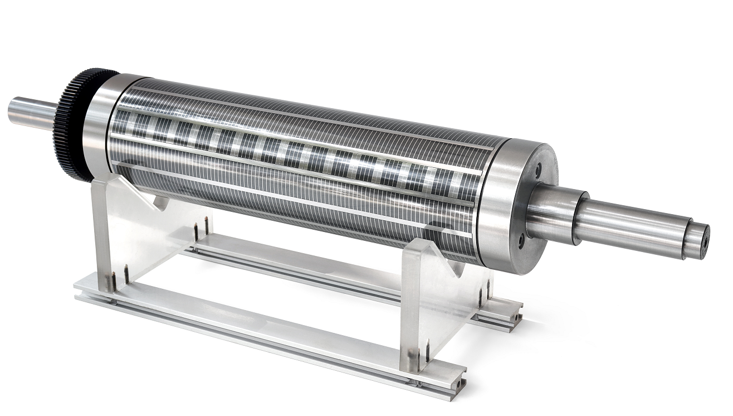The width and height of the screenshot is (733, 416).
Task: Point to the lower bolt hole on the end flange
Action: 521,242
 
